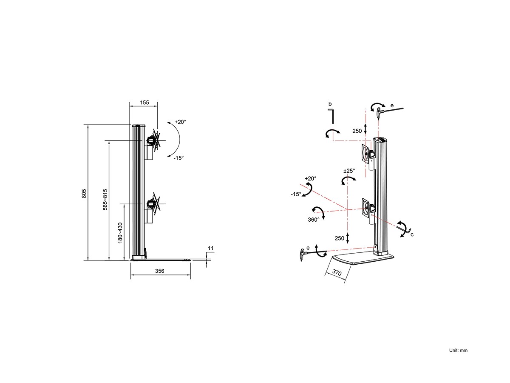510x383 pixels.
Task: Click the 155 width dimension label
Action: click(144, 103)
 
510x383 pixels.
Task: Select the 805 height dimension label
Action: click(84, 194)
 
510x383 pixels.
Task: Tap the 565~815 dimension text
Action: click(105, 200)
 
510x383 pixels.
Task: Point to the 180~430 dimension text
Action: click(120, 233)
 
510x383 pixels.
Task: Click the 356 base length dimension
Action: click(160, 271)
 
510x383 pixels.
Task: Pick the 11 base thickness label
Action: click(210, 249)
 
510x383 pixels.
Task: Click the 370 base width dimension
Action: click(337, 272)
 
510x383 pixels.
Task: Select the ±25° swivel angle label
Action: click(349, 171)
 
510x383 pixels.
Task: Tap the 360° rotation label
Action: click(313, 220)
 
